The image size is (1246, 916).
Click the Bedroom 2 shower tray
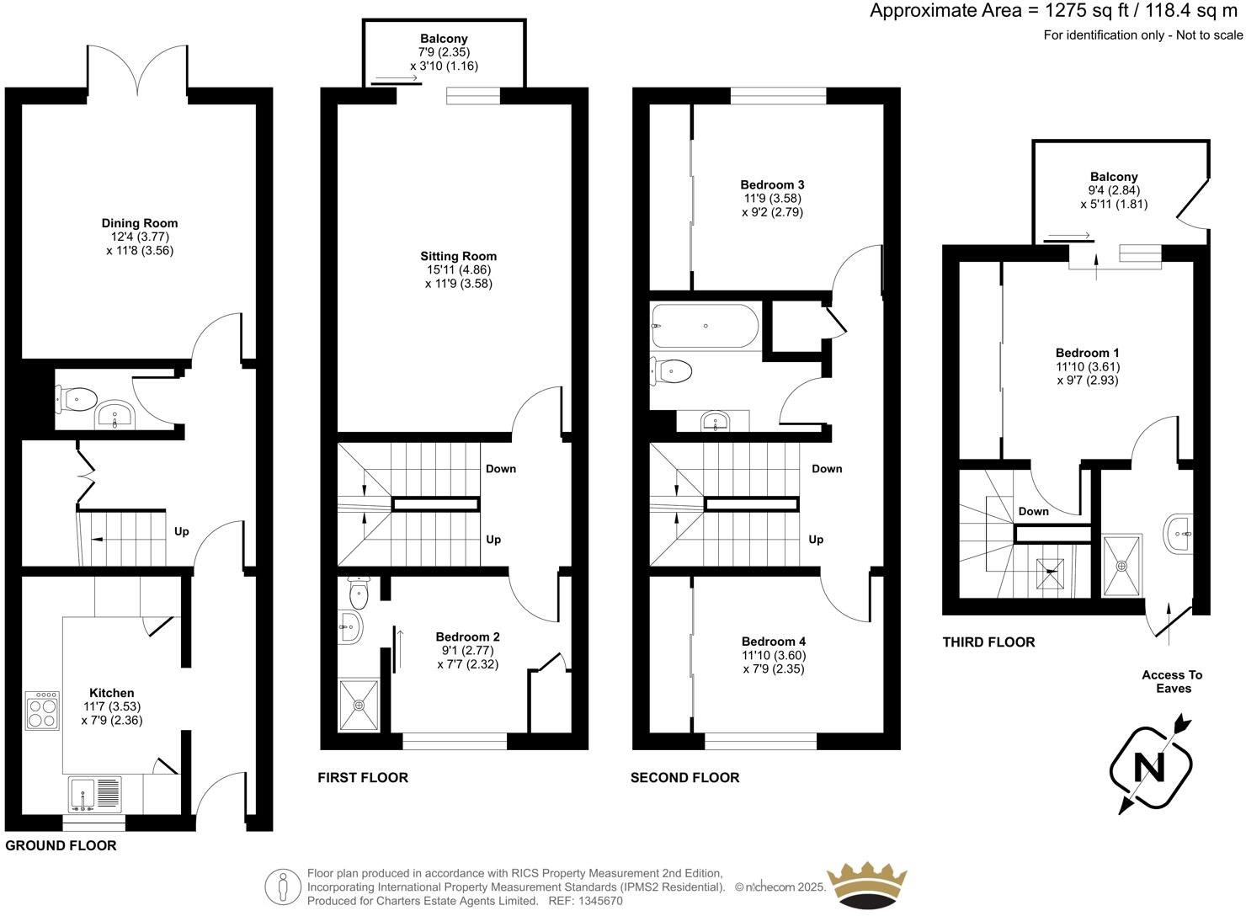[x=359, y=704]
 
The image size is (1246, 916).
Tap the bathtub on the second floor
[x=706, y=325]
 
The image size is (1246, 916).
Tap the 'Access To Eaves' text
[x=1172, y=681]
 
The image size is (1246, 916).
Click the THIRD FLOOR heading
[x=988, y=642]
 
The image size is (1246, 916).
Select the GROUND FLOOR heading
[x=61, y=845]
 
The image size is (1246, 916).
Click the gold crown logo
[x=867, y=885]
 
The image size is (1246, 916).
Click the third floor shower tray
[x=1121, y=565]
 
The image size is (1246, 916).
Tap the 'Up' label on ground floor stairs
[x=181, y=531]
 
